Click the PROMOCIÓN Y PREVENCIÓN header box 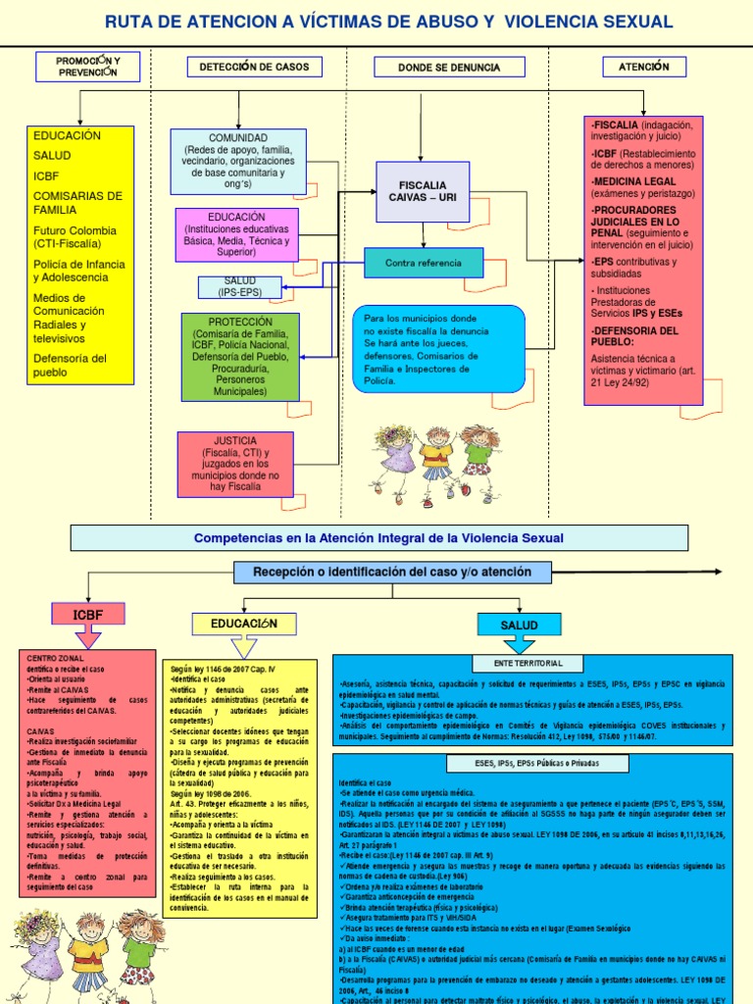click(x=88, y=67)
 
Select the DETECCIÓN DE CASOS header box click(x=254, y=67)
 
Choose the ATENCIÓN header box click(x=643, y=67)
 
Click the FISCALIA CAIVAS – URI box click(x=423, y=191)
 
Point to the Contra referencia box click(x=424, y=263)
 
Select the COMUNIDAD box click(x=238, y=161)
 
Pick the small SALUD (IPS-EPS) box click(x=239, y=286)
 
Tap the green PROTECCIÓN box click(x=240, y=356)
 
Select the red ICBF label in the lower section click(x=87, y=615)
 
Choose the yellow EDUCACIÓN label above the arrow click(x=244, y=624)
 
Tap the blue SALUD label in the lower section click(x=519, y=625)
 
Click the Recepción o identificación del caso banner click(x=392, y=572)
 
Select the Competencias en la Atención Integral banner click(x=378, y=537)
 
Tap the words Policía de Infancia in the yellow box click(x=78, y=264)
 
